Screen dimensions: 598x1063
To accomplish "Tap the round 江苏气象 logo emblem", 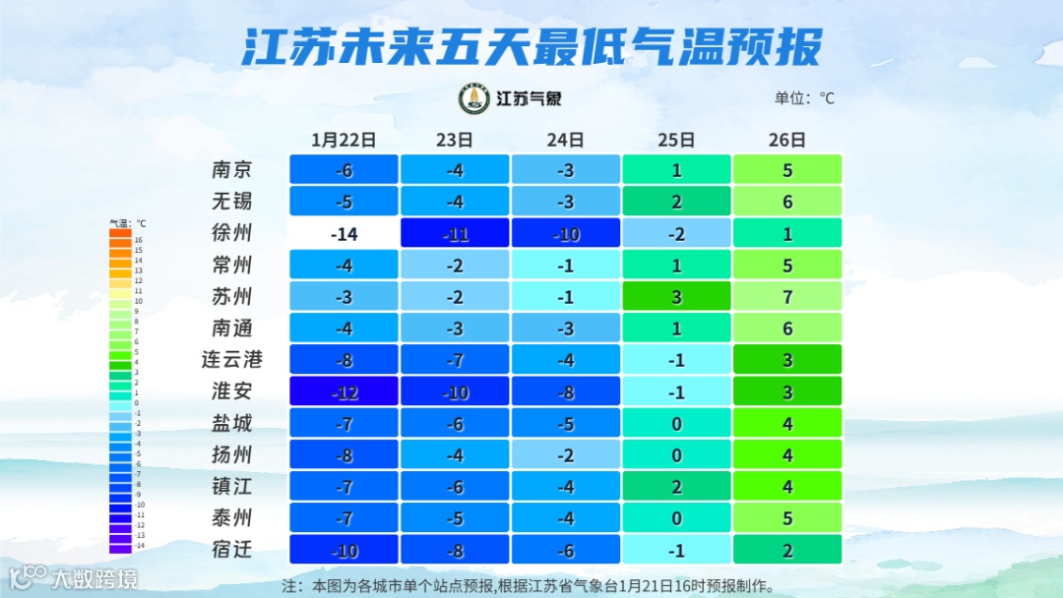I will click(x=474, y=98).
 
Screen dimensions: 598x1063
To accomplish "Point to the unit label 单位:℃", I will click(x=804, y=98).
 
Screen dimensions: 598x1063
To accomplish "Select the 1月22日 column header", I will click(x=344, y=140).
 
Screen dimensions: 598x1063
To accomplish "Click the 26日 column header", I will click(x=787, y=140).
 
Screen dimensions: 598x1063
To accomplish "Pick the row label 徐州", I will click(x=232, y=233).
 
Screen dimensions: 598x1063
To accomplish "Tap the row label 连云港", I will click(x=232, y=360).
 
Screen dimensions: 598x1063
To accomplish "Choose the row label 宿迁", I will click(x=232, y=549).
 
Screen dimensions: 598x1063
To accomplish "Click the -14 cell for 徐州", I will click(x=344, y=233).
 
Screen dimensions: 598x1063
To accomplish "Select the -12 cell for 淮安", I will click(x=344, y=391).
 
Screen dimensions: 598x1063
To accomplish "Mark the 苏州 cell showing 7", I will click(x=787, y=297).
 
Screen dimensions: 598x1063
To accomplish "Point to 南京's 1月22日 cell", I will click(x=344, y=169).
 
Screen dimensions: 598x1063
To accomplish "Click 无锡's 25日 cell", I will click(x=676, y=202).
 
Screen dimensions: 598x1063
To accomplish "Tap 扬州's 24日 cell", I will click(x=565, y=454).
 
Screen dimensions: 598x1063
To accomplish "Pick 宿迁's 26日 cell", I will click(x=787, y=549).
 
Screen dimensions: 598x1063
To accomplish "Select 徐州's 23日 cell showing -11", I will click(x=455, y=233).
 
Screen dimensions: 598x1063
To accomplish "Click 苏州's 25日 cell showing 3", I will click(x=676, y=297).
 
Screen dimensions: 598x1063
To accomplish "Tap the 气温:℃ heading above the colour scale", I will click(x=127, y=223).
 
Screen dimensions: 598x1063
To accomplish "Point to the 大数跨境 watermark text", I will click(x=95, y=578).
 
